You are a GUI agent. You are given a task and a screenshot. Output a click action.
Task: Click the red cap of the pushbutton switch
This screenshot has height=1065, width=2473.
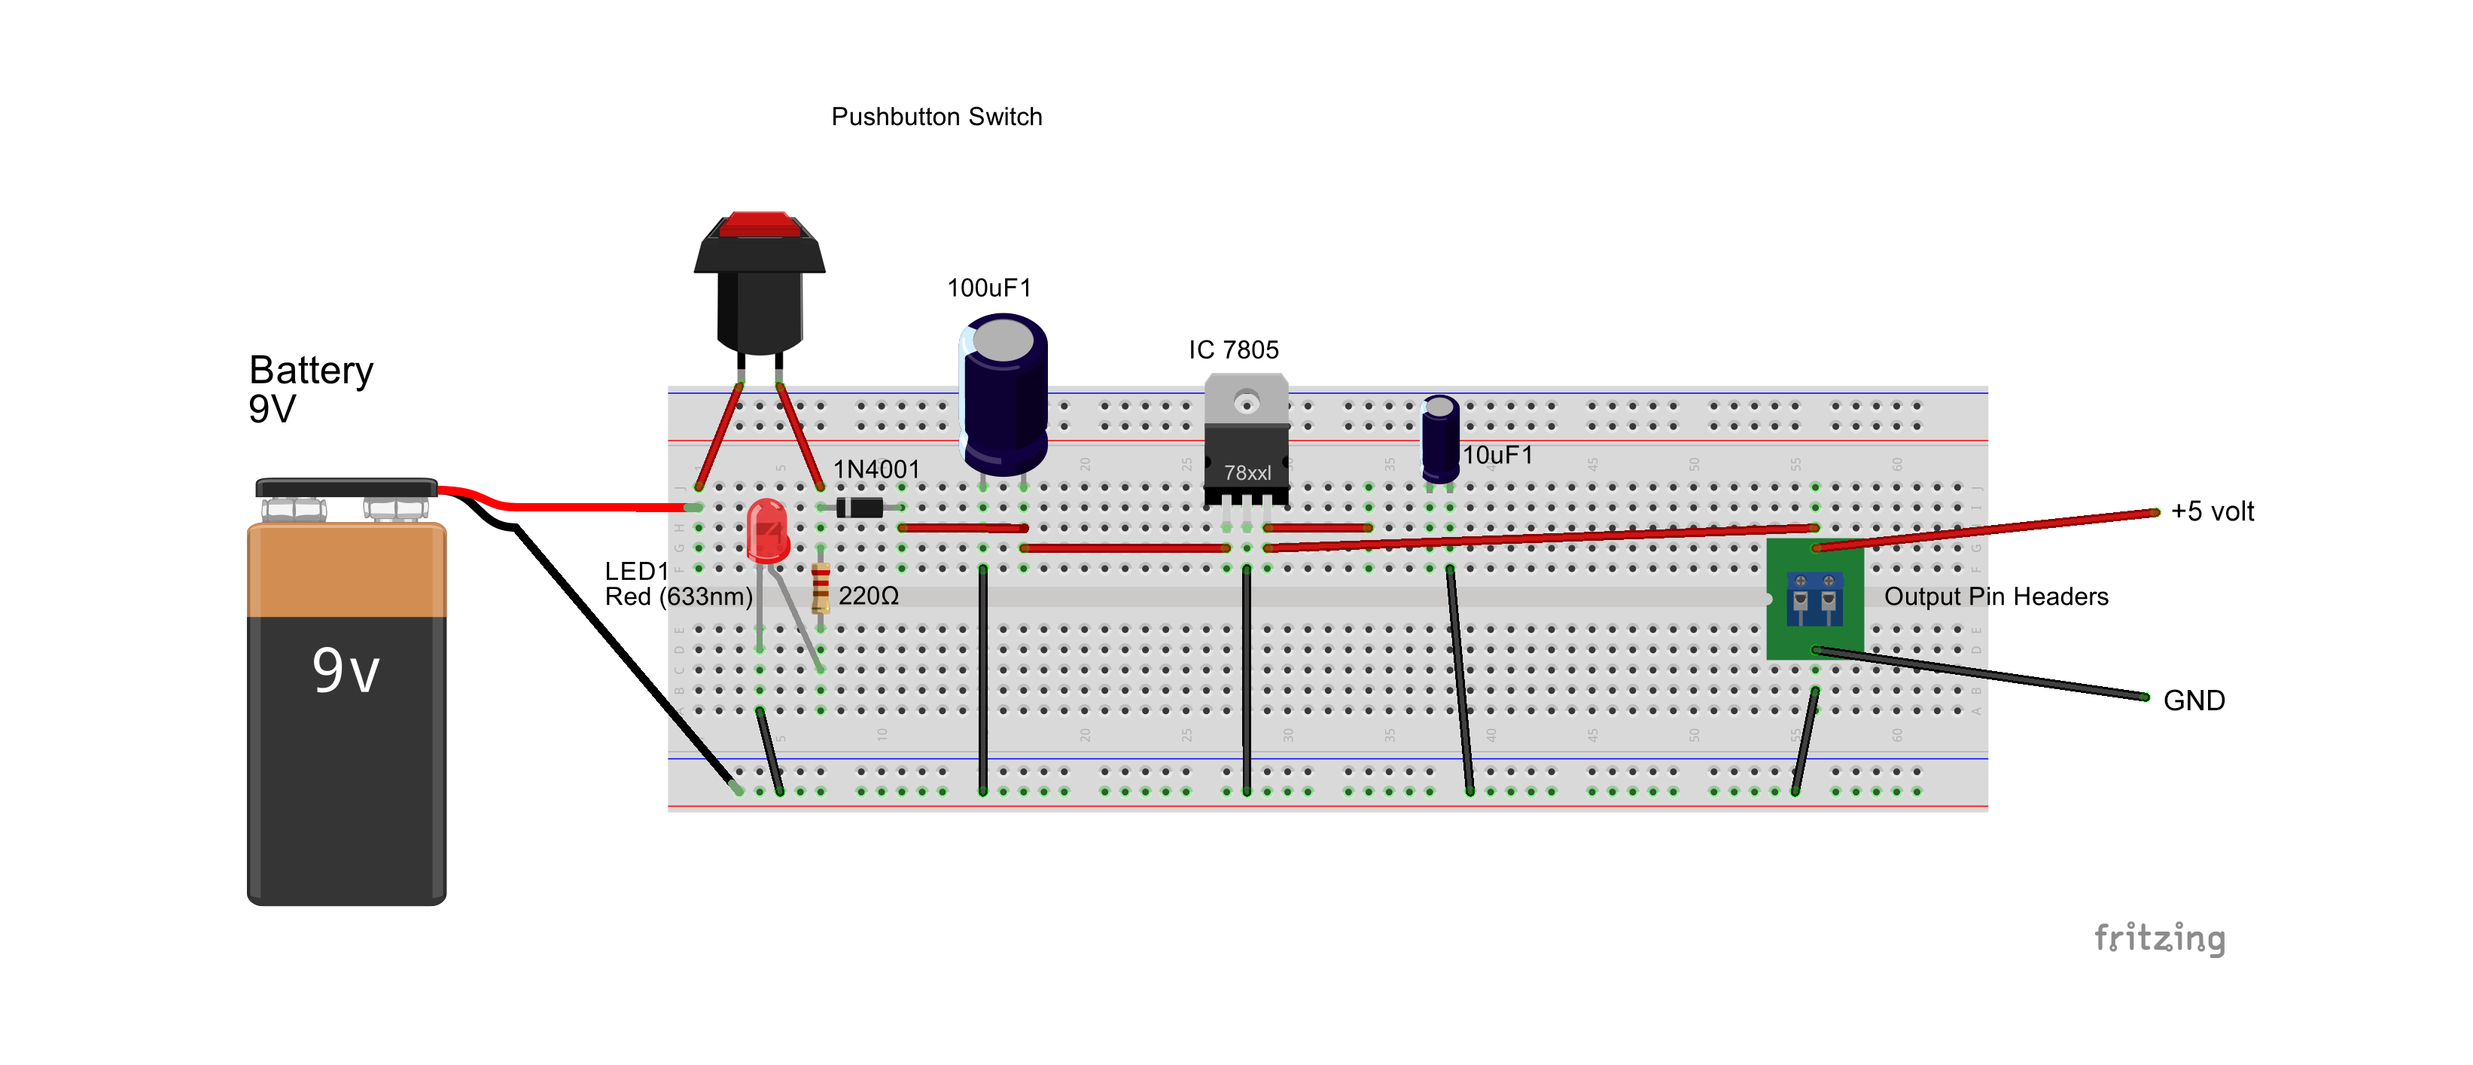(758, 224)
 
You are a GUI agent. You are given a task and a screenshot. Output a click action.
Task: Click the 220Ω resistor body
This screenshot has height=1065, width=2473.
(820, 587)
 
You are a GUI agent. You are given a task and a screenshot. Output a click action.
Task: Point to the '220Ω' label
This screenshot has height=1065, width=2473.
(868, 597)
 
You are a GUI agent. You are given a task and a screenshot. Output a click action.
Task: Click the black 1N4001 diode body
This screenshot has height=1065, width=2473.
(858, 507)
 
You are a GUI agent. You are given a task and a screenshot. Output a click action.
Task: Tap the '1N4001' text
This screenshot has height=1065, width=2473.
(876, 468)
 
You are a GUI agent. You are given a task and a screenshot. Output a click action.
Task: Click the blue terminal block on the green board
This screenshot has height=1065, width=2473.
(1814, 598)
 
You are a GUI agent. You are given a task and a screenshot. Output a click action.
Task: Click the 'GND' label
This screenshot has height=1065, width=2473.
(2193, 700)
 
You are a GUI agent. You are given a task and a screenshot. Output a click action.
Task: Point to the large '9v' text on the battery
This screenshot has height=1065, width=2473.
(346, 670)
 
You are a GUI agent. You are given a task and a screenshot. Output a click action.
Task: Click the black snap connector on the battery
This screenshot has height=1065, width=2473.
(346, 488)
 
